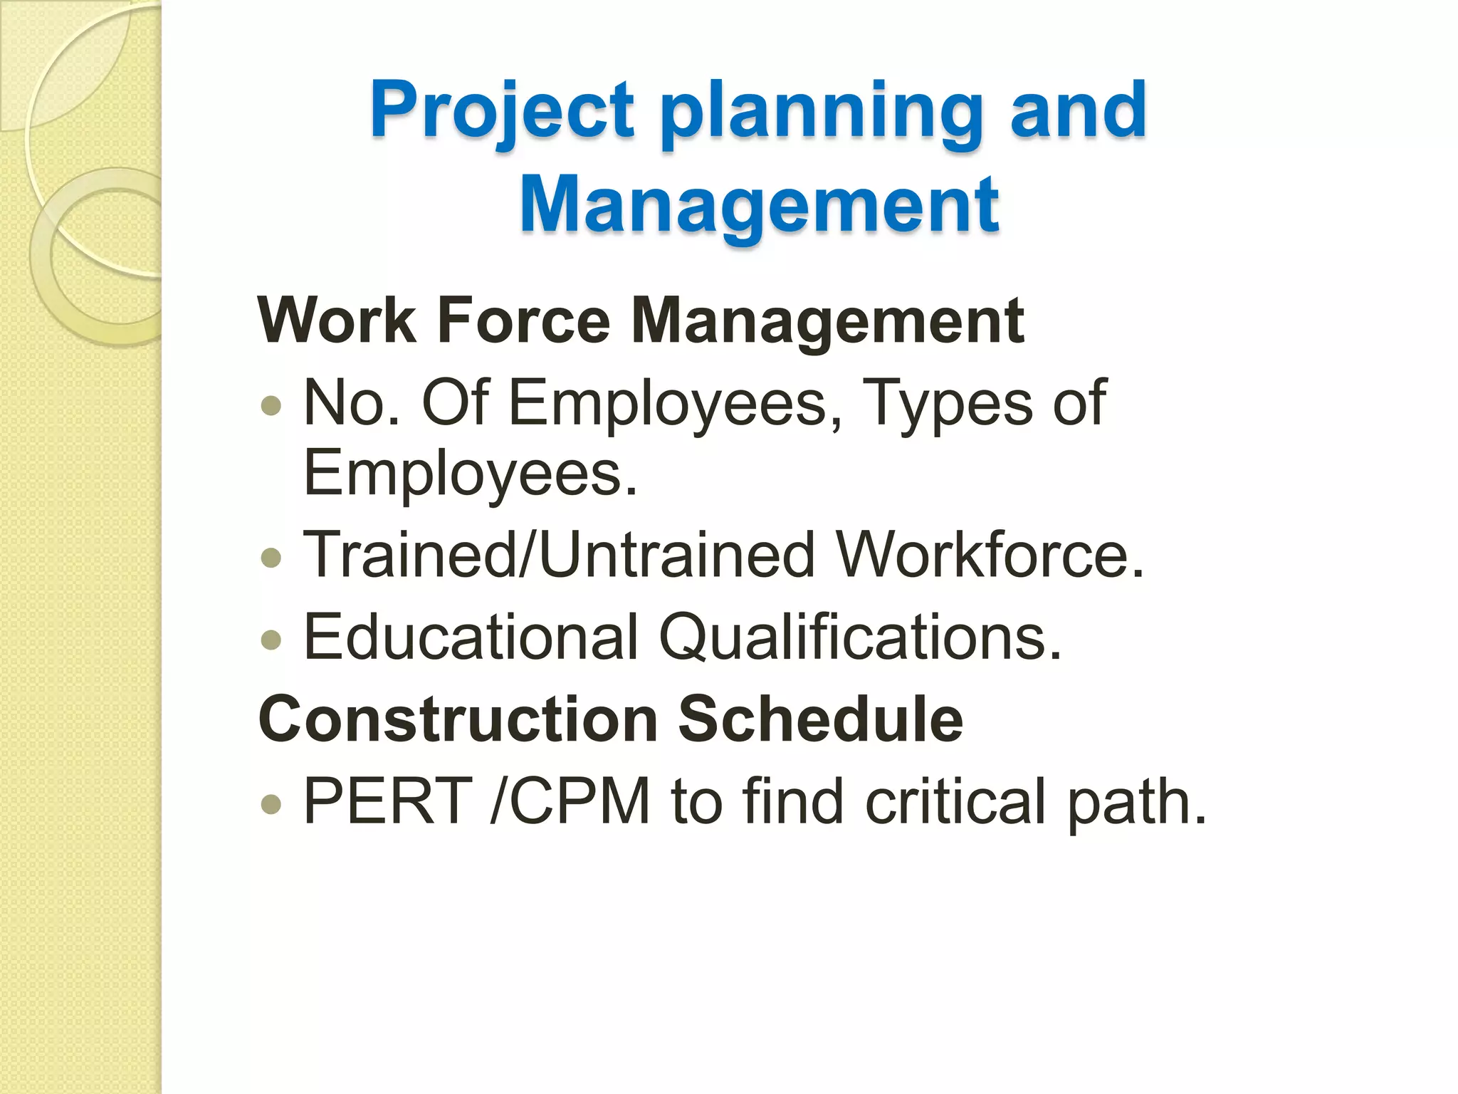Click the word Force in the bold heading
point(524,321)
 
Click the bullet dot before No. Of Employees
point(271,406)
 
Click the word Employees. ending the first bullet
point(470,474)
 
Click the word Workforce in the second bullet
point(990,556)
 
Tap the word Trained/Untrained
point(559,556)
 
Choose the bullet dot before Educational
point(271,639)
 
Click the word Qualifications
point(860,637)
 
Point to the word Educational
point(471,637)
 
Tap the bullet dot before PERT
point(271,804)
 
